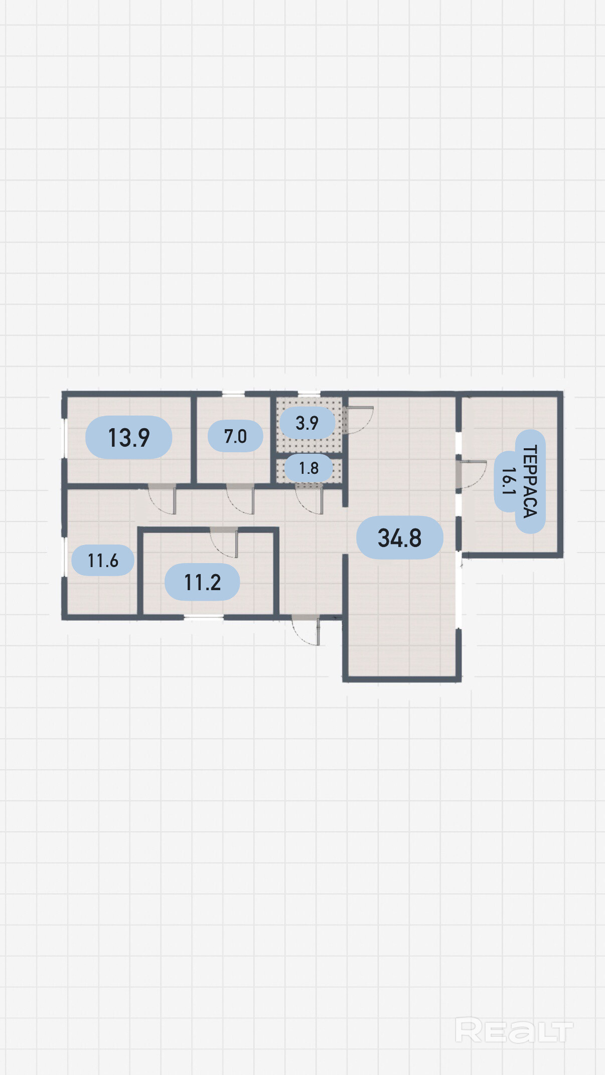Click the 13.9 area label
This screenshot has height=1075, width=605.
pyautogui.click(x=129, y=437)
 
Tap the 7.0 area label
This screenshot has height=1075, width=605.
pyautogui.click(x=235, y=436)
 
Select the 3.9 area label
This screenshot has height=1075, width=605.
pyautogui.click(x=307, y=423)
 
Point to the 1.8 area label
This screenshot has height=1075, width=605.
pyautogui.click(x=309, y=468)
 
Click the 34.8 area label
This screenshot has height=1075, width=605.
pyautogui.click(x=399, y=537)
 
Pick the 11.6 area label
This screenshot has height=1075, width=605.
pyautogui.click(x=103, y=560)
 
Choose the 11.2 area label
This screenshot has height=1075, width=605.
pyautogui.click(x=203, y=582)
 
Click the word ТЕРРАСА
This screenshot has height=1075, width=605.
pyautogui.click(x=530, y=481)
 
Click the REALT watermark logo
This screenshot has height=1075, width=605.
pyautogui.click(x=514, y=1030)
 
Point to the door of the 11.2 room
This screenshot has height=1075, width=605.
pyautogui.click(x=224, y=543)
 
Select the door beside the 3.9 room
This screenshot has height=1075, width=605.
pyautogui.click(x=359, y=420)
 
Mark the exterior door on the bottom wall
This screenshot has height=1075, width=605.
pyautogui.click(x=306, y=630)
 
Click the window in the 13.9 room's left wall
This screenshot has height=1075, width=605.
pyautogui.click(x=64, y=438)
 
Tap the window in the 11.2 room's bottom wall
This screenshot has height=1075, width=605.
pyautogui.click(x=204, y=618)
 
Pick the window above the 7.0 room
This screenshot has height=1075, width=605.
pyautogui.click(x=233, y=394)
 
